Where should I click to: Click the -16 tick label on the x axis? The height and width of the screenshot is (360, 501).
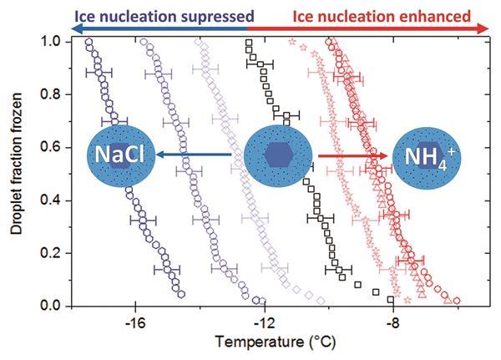tap(134, 321)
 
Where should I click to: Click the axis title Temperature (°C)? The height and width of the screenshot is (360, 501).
tap(270, 342)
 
